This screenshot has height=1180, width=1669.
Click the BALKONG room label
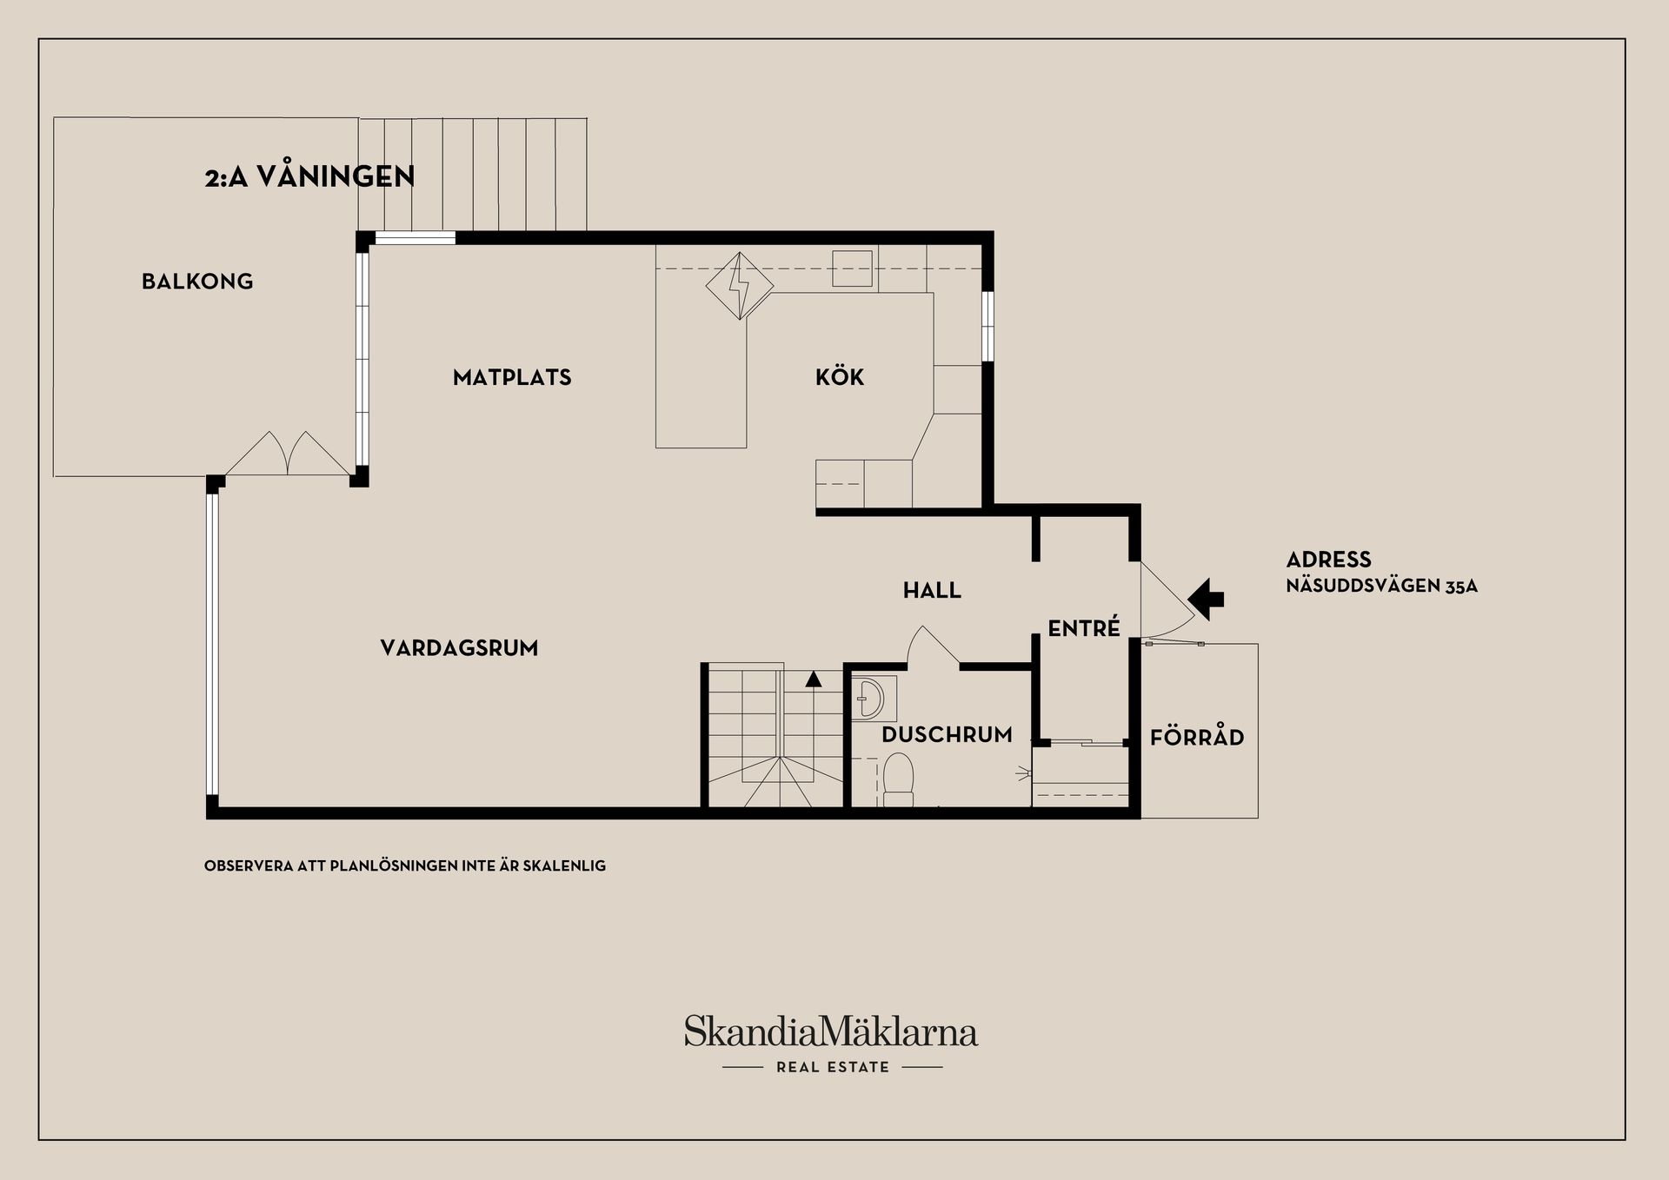[197, 282]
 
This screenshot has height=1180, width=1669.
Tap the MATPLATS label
[512, 377]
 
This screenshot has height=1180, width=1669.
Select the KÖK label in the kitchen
[840, 376]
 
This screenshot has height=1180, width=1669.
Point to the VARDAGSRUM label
[459, 648]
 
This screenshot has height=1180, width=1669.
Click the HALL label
[932, 591]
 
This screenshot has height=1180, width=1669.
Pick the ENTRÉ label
[1084, 627]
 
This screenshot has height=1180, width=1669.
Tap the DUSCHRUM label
[947, 735]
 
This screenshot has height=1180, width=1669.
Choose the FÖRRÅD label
[1197, 737]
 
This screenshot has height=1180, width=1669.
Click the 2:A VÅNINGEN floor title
[309, 176]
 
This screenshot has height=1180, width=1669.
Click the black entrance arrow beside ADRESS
[1206, 599]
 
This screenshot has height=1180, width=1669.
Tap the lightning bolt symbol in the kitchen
[739, 286]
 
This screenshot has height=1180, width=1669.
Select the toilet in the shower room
[898, 779]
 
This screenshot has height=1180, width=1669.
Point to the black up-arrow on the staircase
[814, 679]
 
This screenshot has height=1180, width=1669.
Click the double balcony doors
[288, 454]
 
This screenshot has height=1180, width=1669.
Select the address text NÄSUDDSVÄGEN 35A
[1382, 587]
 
